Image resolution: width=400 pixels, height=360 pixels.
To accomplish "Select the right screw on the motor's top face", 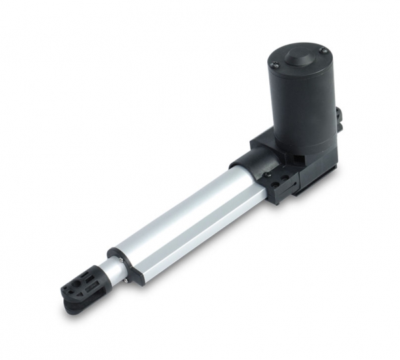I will (x=323, y=51).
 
